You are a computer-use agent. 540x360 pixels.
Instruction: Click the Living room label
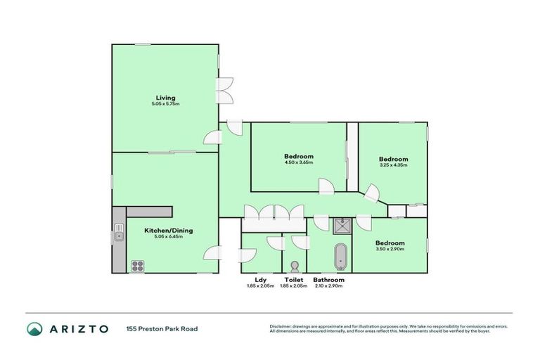coord(165,98)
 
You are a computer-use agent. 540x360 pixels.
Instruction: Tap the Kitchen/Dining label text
coord(169,231)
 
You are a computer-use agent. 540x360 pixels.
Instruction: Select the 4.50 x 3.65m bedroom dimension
coord(299,162)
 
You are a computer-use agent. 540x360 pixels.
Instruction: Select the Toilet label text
coord(294,280)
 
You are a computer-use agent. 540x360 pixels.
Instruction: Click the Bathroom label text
coord(328,280)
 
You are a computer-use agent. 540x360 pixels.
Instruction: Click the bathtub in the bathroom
coord(341,257)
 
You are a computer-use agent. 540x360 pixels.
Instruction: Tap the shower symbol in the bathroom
coord(342,225)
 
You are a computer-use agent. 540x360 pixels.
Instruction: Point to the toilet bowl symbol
coord(295,266)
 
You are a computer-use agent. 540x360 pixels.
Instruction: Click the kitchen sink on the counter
coord(119,232)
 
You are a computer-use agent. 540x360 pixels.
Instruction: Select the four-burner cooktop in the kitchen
coord(138,266)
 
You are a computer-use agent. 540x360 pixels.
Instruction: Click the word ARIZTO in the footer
coord(79,328)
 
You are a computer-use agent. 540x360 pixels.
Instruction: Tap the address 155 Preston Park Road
coord(162,328)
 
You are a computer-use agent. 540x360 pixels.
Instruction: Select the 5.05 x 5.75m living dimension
coord(165,104)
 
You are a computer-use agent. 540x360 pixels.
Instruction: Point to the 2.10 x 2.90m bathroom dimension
coord(328,285)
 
